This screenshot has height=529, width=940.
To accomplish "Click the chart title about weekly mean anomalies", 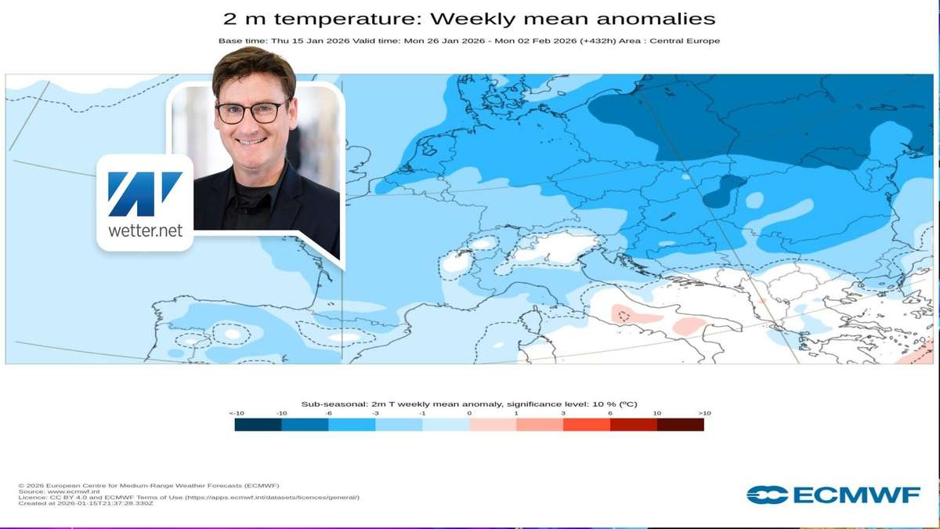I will tap(469, 18).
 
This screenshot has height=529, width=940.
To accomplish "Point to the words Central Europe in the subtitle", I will tap(692, 41).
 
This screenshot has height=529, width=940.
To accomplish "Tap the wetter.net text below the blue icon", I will tap(145, 232).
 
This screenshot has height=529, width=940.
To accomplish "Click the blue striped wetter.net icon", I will tap(145, 194).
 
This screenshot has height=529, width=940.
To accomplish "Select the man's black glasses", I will tap(251, 113).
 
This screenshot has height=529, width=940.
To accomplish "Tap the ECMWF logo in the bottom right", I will tap(833, 495).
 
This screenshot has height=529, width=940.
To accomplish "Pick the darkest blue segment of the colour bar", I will tap(258, 425).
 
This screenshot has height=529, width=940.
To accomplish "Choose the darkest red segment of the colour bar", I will tap(680, 425).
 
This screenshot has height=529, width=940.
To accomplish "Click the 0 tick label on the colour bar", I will tap(469, 413).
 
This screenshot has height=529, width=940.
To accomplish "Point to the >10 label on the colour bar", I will tap(703, 413).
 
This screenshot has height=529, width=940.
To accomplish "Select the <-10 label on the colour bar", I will tap(235, 413).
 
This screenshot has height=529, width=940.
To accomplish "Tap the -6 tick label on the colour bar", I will tap(328, 413).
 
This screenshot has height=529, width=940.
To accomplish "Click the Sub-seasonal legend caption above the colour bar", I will tap(469, 404).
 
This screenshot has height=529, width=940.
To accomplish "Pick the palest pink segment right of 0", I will tap(493, 425).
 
